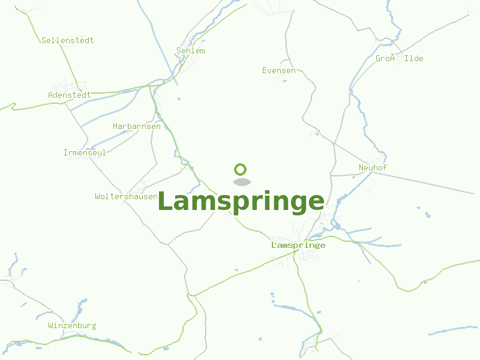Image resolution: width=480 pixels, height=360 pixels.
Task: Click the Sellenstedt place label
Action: coord(68,40)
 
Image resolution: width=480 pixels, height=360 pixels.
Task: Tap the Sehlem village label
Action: coord(191,51)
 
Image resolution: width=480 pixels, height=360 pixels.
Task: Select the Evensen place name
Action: coord(279,71)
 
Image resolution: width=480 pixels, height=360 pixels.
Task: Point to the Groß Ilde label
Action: coord(400,58)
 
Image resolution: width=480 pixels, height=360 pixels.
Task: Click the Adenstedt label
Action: coord(70,95)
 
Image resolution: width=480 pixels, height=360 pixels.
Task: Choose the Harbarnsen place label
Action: coord(137,127)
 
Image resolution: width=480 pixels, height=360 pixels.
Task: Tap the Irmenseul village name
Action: coord(85,152)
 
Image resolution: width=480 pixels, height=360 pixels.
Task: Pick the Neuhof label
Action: coord(372,167)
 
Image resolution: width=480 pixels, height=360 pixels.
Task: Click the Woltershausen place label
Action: coord(126,196)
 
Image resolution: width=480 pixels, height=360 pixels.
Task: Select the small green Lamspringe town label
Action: coord(298,245)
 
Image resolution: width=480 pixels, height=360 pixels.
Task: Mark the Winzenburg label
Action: coord(72,326)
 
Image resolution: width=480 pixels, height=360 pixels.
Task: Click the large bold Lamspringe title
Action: coord(241,202)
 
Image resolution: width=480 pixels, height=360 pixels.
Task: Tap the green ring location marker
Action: coord(241,169)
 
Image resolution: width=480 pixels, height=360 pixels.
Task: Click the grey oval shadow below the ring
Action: coord(241,182)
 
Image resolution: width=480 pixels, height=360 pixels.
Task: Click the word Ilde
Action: coord(414,58)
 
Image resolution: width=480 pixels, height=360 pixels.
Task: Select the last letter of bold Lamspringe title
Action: coord(316,202)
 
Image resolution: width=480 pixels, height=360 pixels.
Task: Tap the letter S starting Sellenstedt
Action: coord(44,40)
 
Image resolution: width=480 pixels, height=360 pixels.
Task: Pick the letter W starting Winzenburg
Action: coord(50,326)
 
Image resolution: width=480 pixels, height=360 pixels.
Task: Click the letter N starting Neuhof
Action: coord(361,167)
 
